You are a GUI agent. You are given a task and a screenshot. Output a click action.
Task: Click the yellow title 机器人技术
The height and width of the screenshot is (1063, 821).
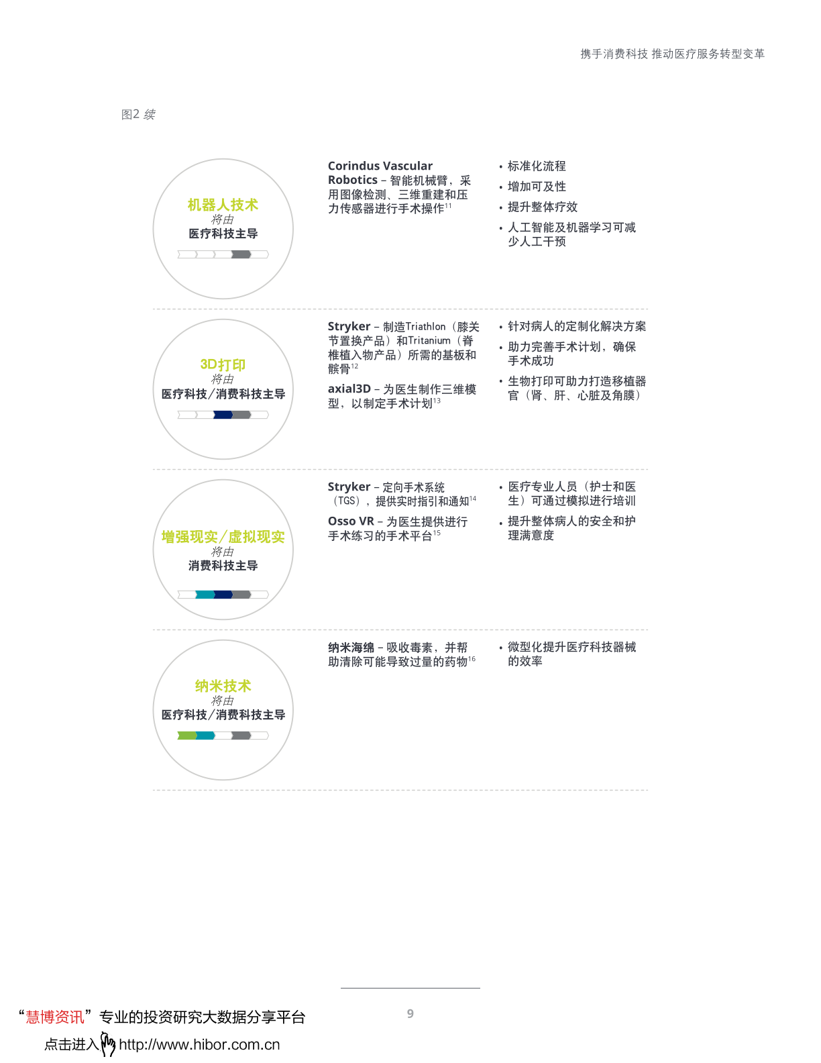(x=223, y=205)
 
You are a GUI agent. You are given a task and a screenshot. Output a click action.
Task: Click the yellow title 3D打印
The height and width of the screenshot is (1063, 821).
(x=223, y=364)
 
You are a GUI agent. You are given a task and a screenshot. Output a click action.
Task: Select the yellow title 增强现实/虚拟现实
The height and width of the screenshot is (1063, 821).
(x=223, y=537)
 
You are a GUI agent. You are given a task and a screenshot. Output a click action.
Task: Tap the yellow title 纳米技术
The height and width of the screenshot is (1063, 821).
(x=223, y=686)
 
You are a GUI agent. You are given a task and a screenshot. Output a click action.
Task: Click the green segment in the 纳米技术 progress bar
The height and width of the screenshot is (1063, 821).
(x=186, y=736)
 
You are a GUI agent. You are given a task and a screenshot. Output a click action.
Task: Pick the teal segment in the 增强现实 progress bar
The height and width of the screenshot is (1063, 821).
(x=205, y=595)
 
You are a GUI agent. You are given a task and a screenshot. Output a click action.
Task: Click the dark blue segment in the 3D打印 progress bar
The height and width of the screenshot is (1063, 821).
(x=223, y=415)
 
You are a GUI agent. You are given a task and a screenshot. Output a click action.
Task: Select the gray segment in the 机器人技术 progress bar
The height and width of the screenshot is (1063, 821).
(x=241, y=254)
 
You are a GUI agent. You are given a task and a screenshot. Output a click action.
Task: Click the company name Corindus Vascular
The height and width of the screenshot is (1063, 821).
(x=380, y=166)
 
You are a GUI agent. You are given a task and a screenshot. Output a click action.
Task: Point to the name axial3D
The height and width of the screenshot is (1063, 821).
(x=349, y=389)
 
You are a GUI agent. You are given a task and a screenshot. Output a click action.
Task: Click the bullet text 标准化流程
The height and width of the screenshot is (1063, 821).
(x=537, y=166)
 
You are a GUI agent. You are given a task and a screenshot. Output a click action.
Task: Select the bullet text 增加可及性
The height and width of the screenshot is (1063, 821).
(x=537, y=187)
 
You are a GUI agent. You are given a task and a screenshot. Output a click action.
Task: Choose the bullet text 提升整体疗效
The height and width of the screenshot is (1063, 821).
(x=542, y=207)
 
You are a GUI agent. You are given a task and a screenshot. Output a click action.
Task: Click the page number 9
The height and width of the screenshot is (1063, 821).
(x=410, y=1013)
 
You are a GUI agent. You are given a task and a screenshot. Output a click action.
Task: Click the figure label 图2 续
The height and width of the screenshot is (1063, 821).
(x=138, y=115)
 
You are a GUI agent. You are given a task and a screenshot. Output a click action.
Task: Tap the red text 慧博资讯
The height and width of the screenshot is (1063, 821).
(x=55, y=1017)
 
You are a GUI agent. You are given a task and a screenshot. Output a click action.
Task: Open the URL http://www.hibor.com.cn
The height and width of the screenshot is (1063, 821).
(x=199, y=1045)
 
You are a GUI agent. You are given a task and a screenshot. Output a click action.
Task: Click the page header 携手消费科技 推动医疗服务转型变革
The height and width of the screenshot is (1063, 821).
(x=672, y=54)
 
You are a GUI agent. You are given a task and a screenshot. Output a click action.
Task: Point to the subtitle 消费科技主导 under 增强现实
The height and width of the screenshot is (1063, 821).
(x=223, y=566)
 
